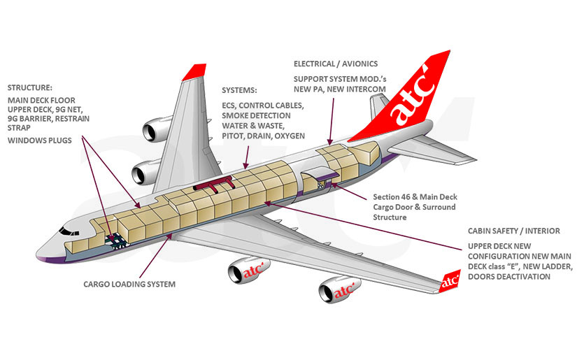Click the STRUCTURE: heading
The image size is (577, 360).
click(29, 87)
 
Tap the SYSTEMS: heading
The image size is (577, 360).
click(239, 90)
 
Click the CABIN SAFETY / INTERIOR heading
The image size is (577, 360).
click(514, 231)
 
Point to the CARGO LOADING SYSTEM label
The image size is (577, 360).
click(129, 285)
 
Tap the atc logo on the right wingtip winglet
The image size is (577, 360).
click(450, 283)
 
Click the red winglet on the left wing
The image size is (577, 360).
click(197, 71)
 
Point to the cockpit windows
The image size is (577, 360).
click(70, 230)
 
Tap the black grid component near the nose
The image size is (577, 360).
click(113, 239)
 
